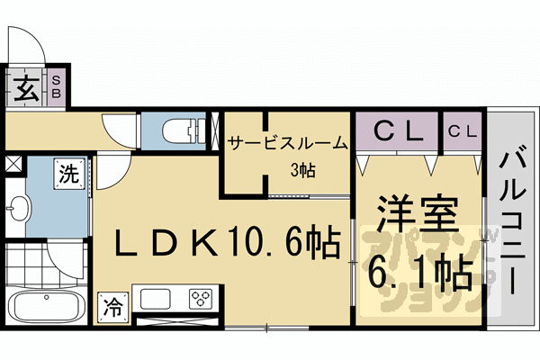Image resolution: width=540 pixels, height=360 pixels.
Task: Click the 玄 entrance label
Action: [x=24, y=90]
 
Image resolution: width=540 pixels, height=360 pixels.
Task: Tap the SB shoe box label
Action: [x=55, y=90]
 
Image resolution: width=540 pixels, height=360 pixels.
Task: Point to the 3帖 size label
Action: [x=301, y=168]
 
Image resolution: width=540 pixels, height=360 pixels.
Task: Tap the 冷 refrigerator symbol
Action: [x=113, y=305]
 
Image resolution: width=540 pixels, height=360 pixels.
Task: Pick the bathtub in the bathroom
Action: [x=44, y=309]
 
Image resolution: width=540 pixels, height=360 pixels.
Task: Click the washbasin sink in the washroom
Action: [x=18, y=212]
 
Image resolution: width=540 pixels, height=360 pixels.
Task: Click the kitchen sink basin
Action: [x=155, y=297]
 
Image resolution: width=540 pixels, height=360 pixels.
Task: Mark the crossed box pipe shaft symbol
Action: [x=13, y=165]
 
